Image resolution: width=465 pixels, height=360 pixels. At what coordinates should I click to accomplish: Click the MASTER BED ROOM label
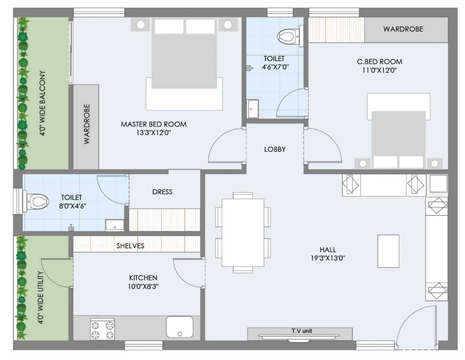tap(153, 124)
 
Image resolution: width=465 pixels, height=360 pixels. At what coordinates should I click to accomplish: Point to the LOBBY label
tap(274, 149)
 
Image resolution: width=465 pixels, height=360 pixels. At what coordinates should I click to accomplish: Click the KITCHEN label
tap(143, 277)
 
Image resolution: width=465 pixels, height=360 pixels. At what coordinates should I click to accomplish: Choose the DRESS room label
tap(162, 192)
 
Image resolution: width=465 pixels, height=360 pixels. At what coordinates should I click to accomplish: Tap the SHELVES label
tap(131, 246)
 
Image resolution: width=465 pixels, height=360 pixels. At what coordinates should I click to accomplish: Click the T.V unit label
tap(300, 331)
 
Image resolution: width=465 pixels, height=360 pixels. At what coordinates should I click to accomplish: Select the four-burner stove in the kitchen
tap(102, 329)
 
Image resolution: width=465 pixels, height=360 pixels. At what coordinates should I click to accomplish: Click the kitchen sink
tap(179, 327)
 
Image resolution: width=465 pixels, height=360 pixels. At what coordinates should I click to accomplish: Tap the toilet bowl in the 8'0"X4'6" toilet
tap(39, 202)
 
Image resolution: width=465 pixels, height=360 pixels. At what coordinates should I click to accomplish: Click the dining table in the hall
tap(243, 232)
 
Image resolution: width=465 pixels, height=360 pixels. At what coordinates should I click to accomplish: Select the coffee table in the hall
tap(388, 251)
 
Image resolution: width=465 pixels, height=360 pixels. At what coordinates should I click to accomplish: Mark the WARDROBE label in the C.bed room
tap(403, 29)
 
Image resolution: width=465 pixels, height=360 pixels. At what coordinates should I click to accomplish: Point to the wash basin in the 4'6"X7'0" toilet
tap(253, 109)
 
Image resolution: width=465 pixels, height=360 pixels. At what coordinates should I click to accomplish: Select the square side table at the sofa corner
tap(438, 184)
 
